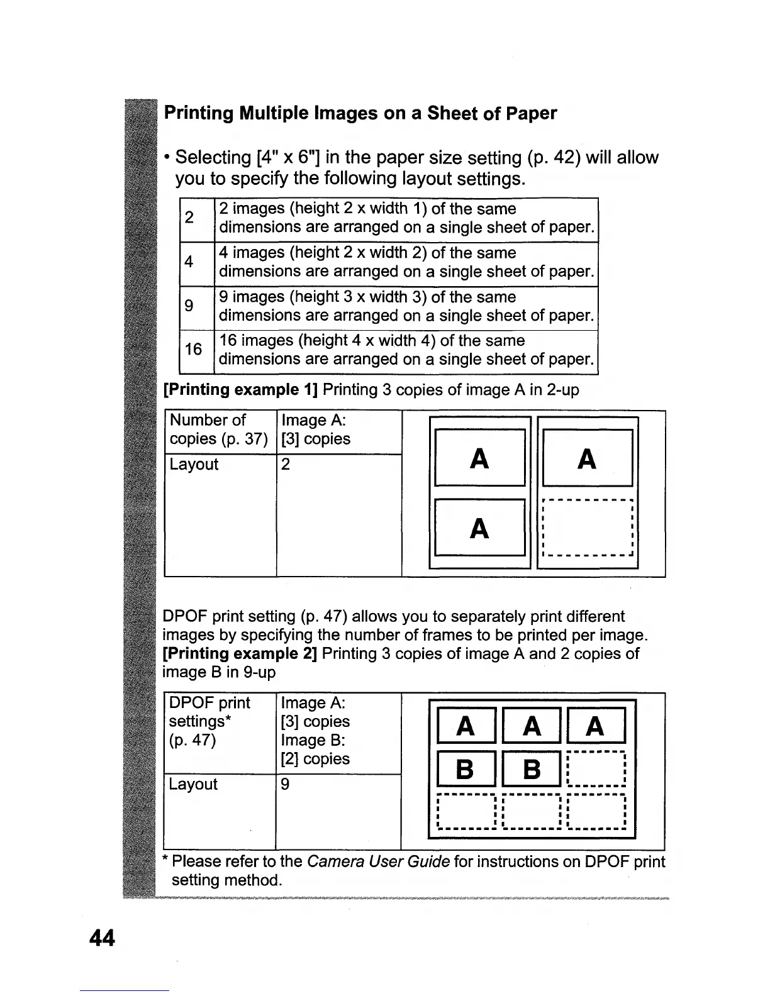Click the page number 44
click(x=103, y=938)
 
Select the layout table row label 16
click(x=194, y=349)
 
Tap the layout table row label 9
click(x=189, y=306)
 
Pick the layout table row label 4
click(x=189, y=262)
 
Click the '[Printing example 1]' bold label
click(x=240, y=390)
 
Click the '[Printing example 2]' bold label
click(x=240, y=653)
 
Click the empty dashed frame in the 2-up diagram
click(x=587, y=528)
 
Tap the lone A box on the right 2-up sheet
click(x=587, y=458)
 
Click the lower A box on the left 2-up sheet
click(x=479, y=528)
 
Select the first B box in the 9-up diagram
click(x=465, y=768)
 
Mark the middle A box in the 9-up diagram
click(x=532, y=726)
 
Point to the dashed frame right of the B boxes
click(x=595, y=768)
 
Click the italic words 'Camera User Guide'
click(x=378, y=861)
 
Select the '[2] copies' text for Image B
click(x=315, y=759)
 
